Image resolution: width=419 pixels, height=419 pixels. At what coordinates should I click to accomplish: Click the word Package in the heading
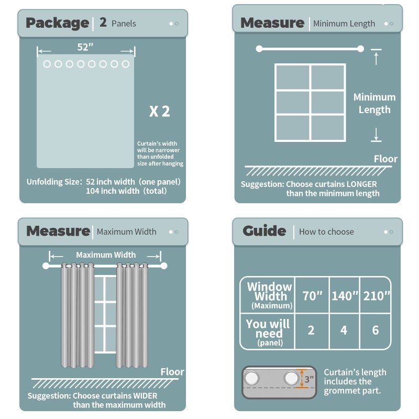pos(58,23)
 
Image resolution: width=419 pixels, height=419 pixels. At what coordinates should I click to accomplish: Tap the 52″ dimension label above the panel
pos(85,47)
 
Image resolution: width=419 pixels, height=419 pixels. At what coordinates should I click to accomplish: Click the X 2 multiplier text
pos(160,111)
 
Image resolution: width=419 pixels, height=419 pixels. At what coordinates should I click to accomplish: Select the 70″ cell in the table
pos(312,296)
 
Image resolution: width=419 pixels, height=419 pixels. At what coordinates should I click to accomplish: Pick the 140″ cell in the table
pos(345,296)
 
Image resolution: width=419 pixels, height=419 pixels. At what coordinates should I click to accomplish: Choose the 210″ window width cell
pos(376,296)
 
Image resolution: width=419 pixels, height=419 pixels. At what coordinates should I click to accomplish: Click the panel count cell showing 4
pos(344,330)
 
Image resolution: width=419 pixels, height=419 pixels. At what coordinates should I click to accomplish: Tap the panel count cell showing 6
pos(376,330)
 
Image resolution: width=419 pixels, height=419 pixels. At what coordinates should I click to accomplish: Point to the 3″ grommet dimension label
pos(309,379)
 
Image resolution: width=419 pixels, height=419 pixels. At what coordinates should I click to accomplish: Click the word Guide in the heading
pos(264,231)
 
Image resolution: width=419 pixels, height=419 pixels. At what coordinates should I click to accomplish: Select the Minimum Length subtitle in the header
pos(344,24)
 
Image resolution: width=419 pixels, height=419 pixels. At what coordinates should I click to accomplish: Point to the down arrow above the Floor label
pos(376,134)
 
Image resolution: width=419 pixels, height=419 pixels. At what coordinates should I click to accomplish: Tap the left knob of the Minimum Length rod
pos(259,49)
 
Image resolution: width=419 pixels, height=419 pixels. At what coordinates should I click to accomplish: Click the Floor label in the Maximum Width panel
pos(172,372)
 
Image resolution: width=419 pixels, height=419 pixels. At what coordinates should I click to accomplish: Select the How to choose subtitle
pos(326,231)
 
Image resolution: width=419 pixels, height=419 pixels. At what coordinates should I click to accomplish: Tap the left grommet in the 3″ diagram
pos(251,378)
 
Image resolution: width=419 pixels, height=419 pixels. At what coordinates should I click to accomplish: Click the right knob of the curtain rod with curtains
pos(164,266)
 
